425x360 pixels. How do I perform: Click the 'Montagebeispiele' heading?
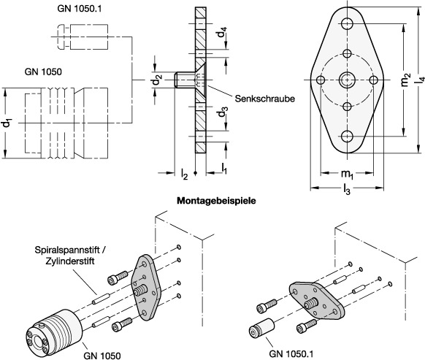tap(216, 201)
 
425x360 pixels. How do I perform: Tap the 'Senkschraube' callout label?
tap(265, 99)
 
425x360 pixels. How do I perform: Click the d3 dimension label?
tap(222, 112)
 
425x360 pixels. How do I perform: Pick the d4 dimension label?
tap(221, 33)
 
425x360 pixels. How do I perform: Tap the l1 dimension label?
tap(224, 169)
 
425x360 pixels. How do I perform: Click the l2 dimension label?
tap(184, 174)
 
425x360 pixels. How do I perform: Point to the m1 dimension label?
tap(347, 174)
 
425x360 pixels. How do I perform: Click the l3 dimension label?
tap(347, 188)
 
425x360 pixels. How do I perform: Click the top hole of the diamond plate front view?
tap(347, 23)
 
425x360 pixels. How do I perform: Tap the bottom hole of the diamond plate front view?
tap(347, 137)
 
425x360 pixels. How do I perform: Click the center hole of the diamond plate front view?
tap(347, 80)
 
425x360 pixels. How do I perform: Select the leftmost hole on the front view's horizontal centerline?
tap(321, 80)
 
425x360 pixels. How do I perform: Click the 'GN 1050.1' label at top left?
tap(79, 9)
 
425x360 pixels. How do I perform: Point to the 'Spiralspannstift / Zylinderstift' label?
tap(70, 255)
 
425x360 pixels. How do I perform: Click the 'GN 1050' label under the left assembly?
tap(102, 356)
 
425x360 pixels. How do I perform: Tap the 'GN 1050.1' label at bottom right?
tap(291, 353)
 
